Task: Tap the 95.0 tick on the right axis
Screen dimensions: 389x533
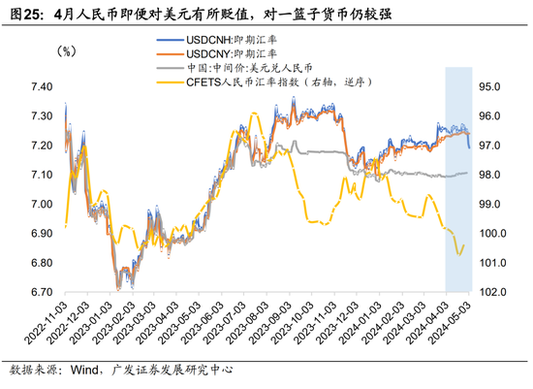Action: [492, 87]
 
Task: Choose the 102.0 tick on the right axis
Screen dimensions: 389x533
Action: [492, 292]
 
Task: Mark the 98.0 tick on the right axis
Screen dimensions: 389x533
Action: [492, 176]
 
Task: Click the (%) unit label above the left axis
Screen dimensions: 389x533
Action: [68, 50]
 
